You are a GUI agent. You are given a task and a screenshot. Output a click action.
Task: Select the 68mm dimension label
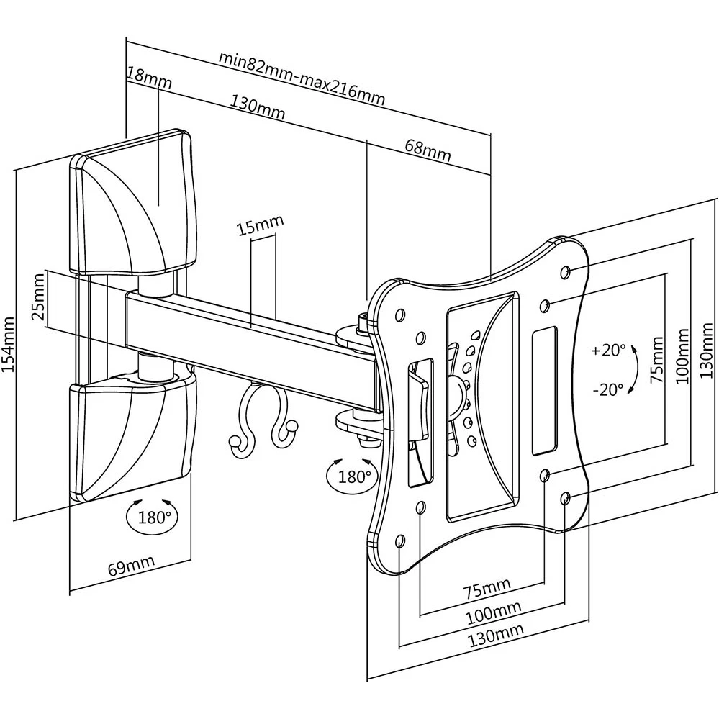(x=428, y=150)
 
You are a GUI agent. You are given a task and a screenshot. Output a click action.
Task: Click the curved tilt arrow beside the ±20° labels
(x=634, y=370)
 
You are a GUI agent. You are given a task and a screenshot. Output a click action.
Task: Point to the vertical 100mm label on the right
(x=683, y=353)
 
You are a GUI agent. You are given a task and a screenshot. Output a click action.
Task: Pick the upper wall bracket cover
(x=133, y=205)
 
